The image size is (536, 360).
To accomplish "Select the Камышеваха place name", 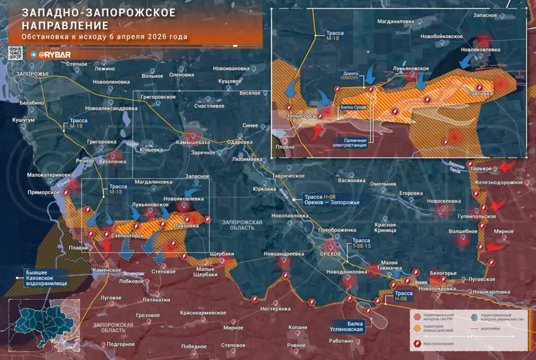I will pyautogui.click(x=193, y=142).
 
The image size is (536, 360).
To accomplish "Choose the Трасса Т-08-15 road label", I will pyautogui.click(x=360, y=243).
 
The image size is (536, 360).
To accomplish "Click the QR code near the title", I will pyautogui.click(x=15, y=53).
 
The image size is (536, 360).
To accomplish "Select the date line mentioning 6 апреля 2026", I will pyautogui.click(x=105, y=37).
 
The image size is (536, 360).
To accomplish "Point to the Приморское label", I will pyautogui.click(x=43, y=193).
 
